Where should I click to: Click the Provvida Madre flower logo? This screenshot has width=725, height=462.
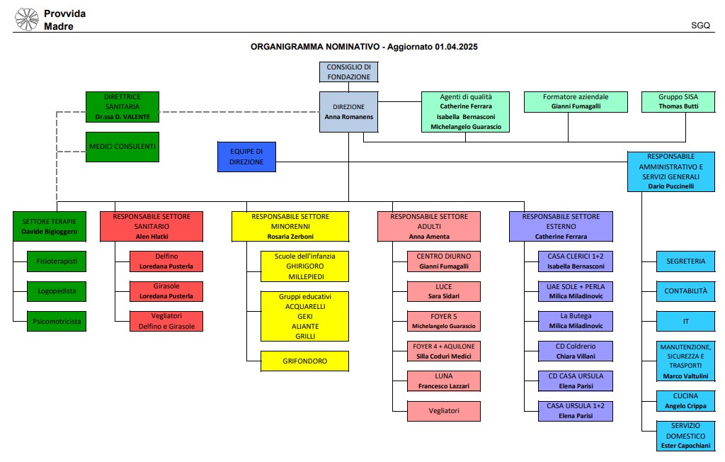coord(27,19)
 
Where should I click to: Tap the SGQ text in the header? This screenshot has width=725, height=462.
coord(700,26)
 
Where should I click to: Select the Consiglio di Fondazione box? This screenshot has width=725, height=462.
coord(348,72)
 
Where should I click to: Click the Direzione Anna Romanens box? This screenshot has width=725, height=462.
coord(348,111)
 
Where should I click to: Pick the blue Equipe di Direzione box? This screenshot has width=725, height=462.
coord(246,157)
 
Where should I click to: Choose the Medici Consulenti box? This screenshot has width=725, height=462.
coord(122,147)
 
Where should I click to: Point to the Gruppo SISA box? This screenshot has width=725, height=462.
coord(678,102)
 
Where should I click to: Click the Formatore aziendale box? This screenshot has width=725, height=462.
coord(576,102)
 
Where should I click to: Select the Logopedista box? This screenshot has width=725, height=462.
coord(57,291)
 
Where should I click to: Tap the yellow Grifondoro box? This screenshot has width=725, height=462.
coord(304,361)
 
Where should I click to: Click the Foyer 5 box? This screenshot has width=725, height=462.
coord(444,321)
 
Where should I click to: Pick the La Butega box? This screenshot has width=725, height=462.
coord(576,321)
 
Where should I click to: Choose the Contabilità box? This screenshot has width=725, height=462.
coord(685,291)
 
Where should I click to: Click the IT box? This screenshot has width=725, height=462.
coord(685,321)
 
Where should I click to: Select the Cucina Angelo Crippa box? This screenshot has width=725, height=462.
coord(685,401)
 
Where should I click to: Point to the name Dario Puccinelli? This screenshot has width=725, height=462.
coord(671,186)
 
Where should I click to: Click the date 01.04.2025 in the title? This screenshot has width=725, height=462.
coord(456,47)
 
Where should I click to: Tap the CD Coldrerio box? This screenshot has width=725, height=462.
coord(576,351)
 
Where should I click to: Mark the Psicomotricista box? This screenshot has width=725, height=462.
coord(57,321)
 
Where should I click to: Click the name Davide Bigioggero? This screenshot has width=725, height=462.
coord(50,232)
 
